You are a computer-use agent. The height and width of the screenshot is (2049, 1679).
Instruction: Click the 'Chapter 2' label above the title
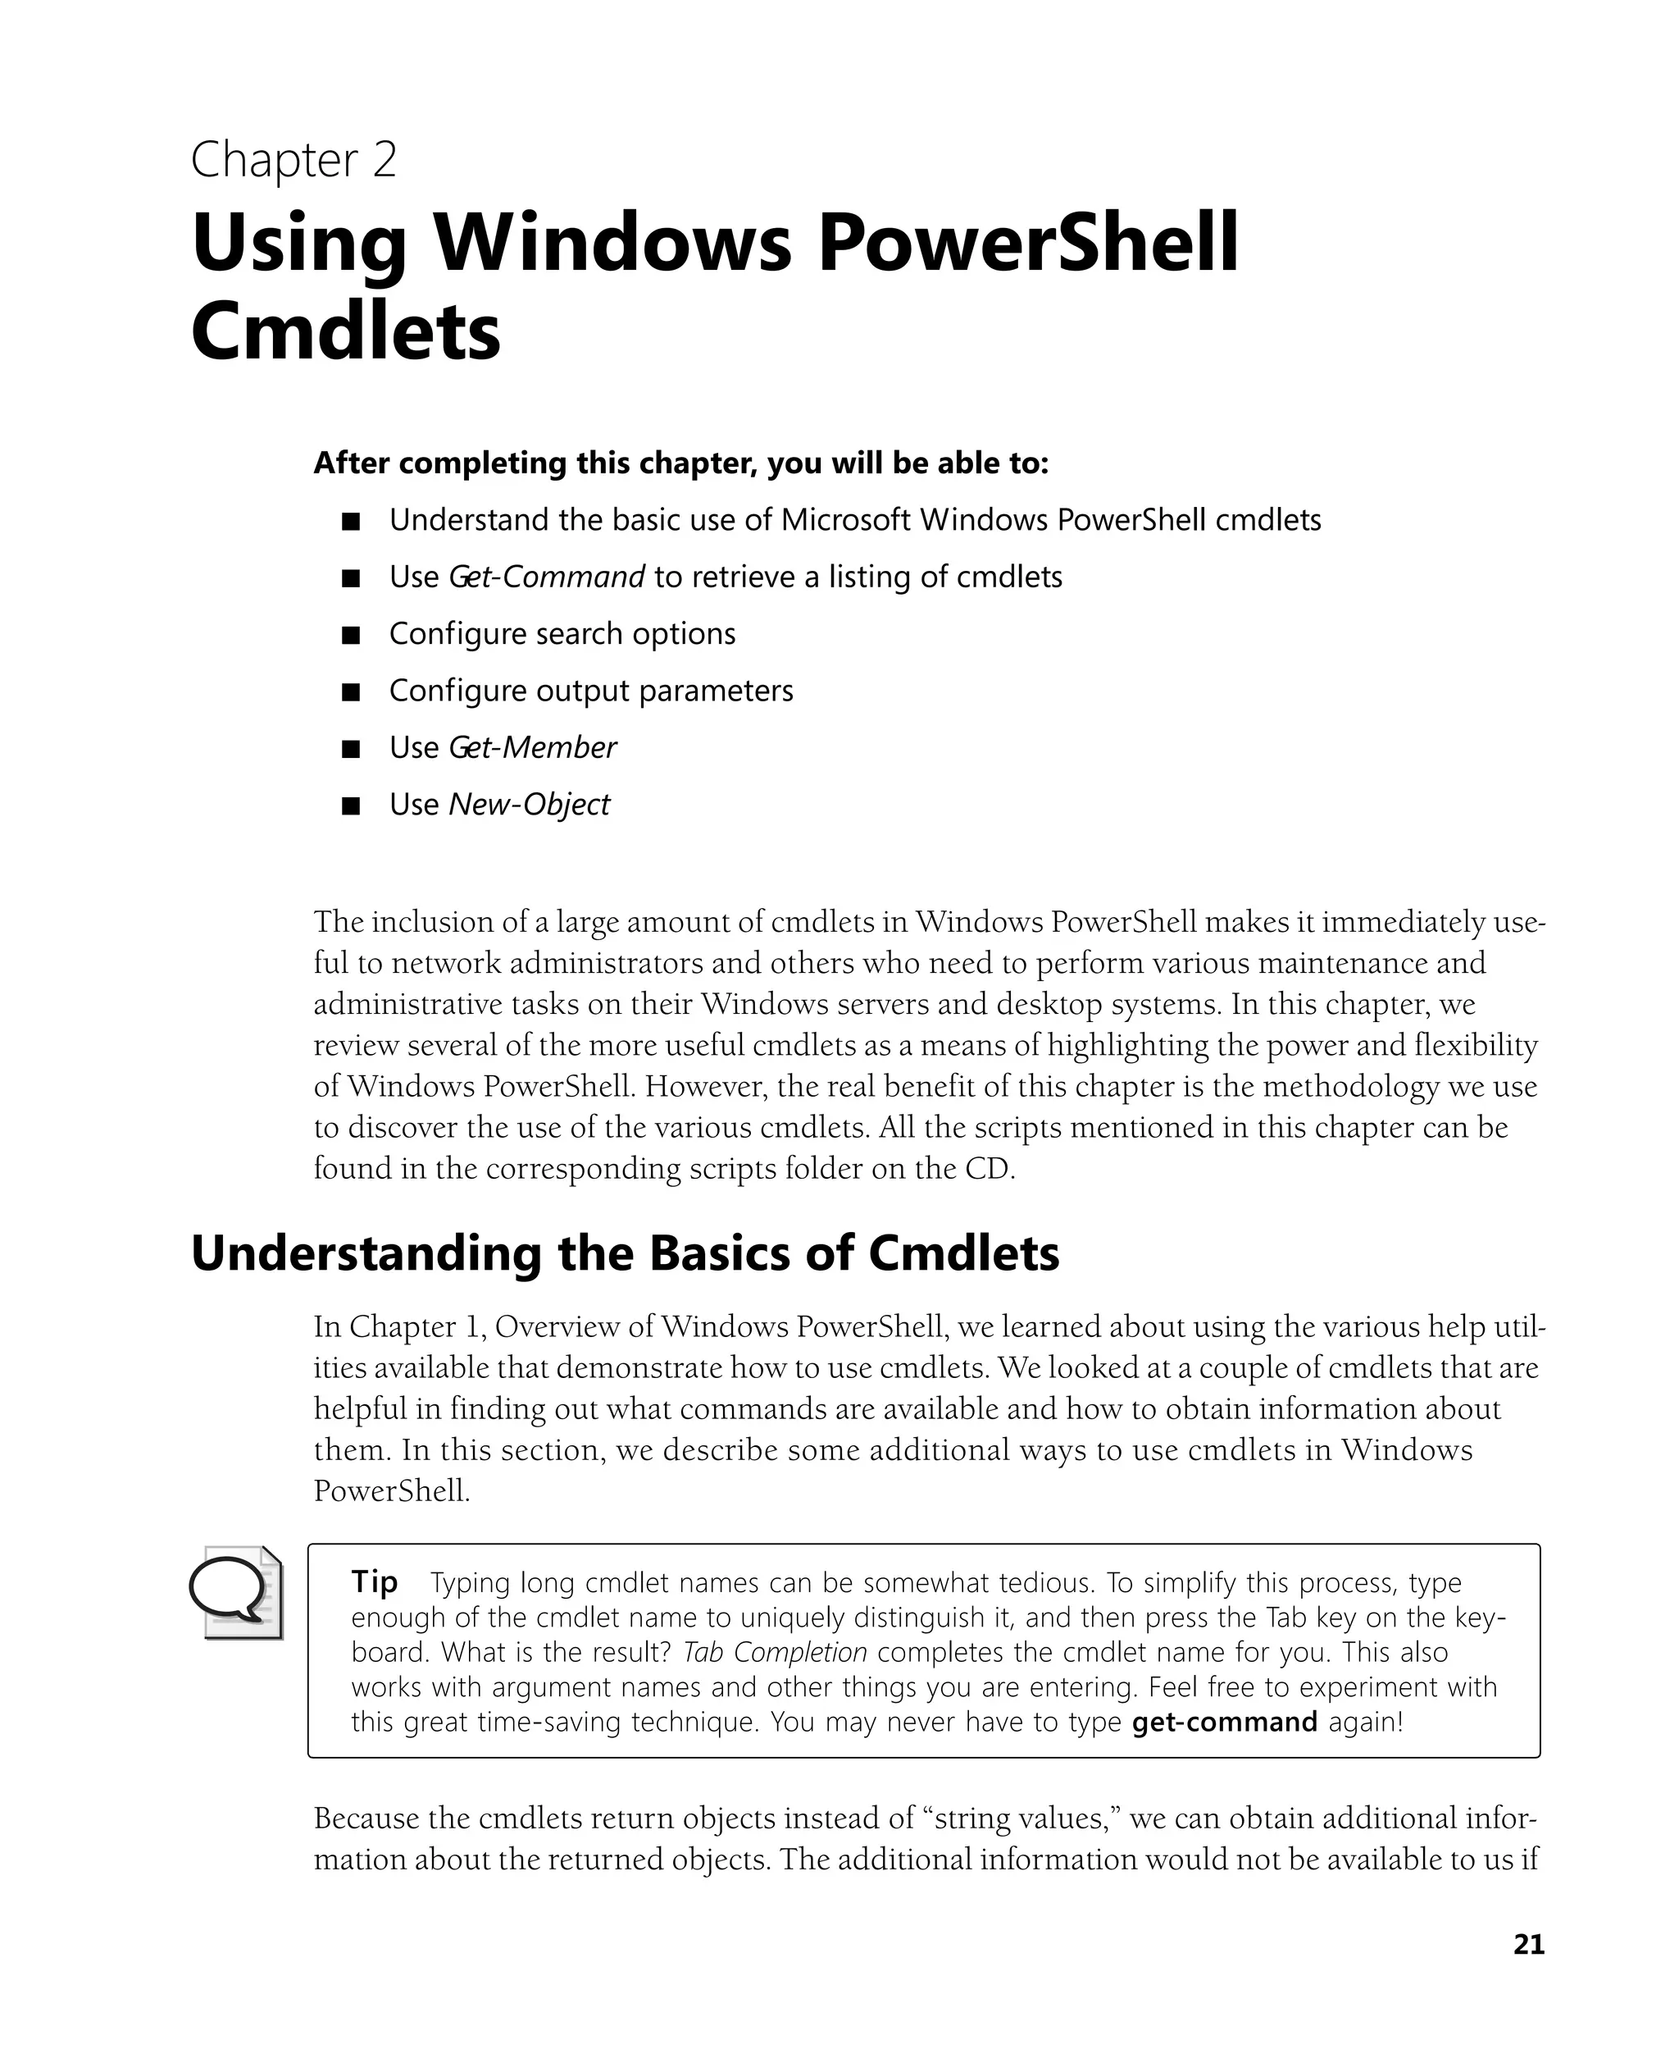click(293, 160)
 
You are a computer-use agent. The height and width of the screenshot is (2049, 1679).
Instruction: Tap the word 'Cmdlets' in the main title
click(345, 331)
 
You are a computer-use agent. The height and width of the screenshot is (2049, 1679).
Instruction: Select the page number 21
click(1528, 1945)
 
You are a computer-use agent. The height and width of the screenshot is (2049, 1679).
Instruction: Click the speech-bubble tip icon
click(235, 1592)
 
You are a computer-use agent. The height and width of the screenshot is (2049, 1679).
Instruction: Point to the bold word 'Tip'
click(375, 1581)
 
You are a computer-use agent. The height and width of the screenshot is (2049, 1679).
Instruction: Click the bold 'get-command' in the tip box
click(1223, 1721)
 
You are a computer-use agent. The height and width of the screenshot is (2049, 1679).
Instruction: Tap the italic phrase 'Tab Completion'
click(775, 1651)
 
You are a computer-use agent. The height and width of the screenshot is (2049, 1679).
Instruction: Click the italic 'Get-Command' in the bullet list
click(547, 577)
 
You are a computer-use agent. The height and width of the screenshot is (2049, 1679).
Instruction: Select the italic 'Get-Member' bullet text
click(532, 747)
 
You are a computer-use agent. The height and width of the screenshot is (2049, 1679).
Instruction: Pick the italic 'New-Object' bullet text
click(529, 804)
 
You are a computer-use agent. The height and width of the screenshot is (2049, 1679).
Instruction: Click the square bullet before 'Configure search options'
click(351, 635)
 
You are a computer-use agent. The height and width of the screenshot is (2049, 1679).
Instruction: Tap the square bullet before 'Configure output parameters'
click(351, 691)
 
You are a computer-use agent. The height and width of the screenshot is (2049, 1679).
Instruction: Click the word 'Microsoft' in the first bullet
click(845, 521)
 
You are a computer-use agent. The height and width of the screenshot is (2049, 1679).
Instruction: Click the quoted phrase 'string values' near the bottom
click(1022, 1818)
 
